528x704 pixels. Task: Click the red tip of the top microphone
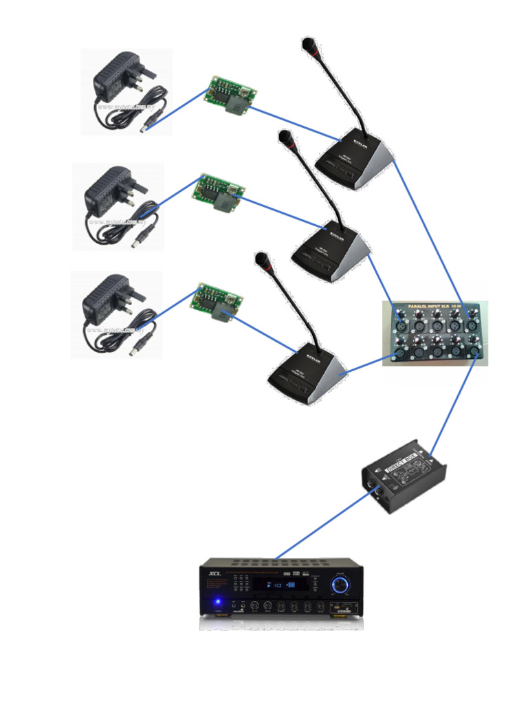(x=307, y=45)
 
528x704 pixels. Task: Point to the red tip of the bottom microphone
(x=261, y=259)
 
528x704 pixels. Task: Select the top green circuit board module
(x=230, y=94)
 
